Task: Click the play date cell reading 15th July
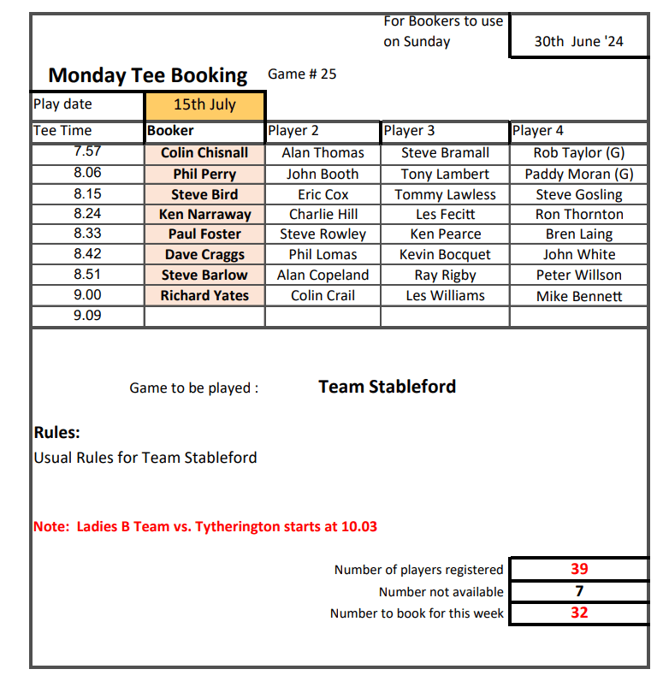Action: pos(204,105)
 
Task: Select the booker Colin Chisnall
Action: pos(204,153)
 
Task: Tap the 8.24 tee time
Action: pos(87,214)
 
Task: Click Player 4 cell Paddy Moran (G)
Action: pos(579,174)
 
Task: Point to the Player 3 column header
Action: pos(409,131)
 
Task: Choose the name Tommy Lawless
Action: pos(445,194)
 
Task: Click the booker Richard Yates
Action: pos(204,295)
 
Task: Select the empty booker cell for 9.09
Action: pos(204,316)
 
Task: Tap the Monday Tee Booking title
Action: pos(148,75)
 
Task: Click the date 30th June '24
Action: pos(579,41)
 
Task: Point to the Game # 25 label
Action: pos(302,74)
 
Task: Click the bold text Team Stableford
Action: pos(387,387)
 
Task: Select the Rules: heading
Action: pos(56,433)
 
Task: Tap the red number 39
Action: pos(579,569)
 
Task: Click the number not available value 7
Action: pos(579,590)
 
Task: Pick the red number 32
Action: pos(579,613)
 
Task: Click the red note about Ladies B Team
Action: pos(205,526)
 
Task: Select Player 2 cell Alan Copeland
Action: pos(323,275)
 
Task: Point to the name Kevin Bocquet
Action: pos(445,254)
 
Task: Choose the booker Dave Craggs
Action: pos(204,254)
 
